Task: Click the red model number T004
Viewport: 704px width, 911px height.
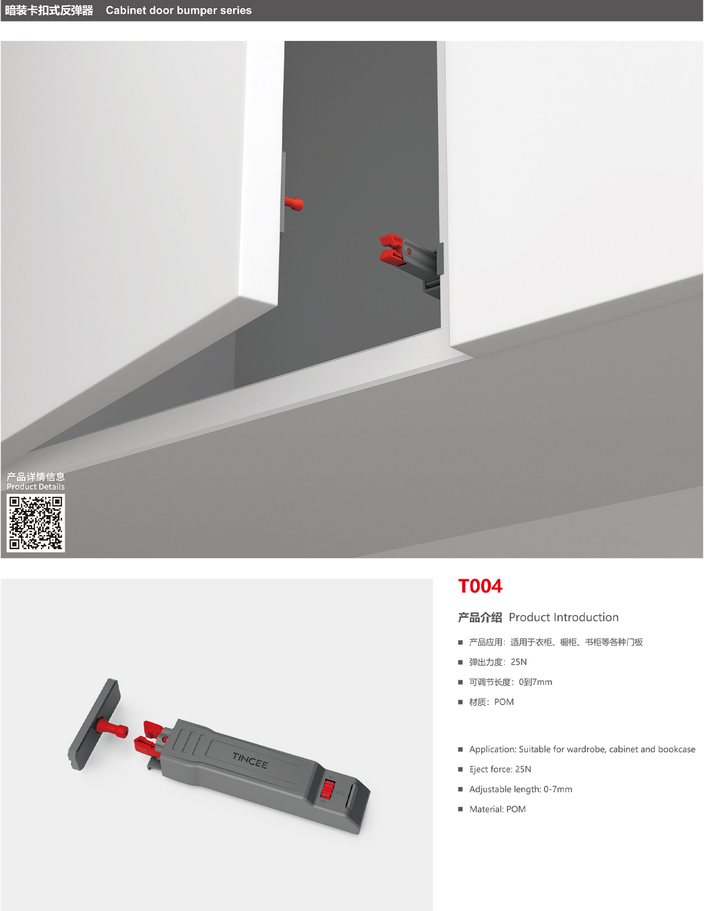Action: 480,586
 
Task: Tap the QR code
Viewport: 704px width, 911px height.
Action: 36,523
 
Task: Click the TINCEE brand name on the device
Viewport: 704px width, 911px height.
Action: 250,760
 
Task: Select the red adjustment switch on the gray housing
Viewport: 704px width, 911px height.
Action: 327,790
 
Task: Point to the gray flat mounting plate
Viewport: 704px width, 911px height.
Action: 94,724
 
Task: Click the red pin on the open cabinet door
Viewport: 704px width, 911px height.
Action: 294,204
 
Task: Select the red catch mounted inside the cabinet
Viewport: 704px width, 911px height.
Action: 391,248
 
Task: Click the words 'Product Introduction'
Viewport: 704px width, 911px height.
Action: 563,617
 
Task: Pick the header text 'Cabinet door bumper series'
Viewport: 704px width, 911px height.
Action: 178,10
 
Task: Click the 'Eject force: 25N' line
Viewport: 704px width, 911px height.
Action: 500,769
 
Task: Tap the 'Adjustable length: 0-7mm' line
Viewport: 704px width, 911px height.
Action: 520,789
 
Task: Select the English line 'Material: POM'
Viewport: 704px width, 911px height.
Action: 497,809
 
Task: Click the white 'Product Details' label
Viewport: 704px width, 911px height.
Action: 36,487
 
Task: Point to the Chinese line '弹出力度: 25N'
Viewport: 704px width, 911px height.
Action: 497,662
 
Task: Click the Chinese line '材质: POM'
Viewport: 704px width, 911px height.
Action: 491,702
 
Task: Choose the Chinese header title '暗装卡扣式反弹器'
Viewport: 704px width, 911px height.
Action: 49,10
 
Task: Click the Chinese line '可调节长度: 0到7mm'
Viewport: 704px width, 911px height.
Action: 510,682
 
